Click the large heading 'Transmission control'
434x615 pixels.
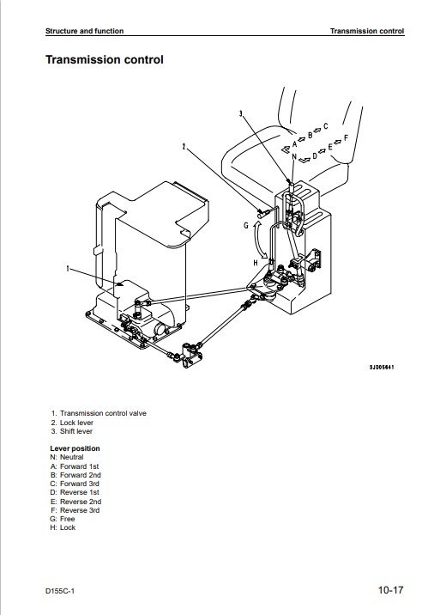click(104, 59)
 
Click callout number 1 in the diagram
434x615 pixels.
click(68, 268)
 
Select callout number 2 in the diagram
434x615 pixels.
click(184, 147)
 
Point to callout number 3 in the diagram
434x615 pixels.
click(241, 113)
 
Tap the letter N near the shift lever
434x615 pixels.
click(294, 156)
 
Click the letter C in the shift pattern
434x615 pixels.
click(326, 126)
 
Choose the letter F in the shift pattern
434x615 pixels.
click(346, 137)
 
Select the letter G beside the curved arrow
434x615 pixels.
click(246, 226)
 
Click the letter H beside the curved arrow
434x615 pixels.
click(256, 262)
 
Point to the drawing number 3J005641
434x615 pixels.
click(382, 367)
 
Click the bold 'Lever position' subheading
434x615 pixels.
click(75, 448)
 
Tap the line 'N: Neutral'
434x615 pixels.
click(67, 457)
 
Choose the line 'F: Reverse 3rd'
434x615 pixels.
click(75, 510)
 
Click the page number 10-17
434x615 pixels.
click(390, 590)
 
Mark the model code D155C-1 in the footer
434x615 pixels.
click(59, 591)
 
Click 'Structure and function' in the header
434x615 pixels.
click(84, 31)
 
